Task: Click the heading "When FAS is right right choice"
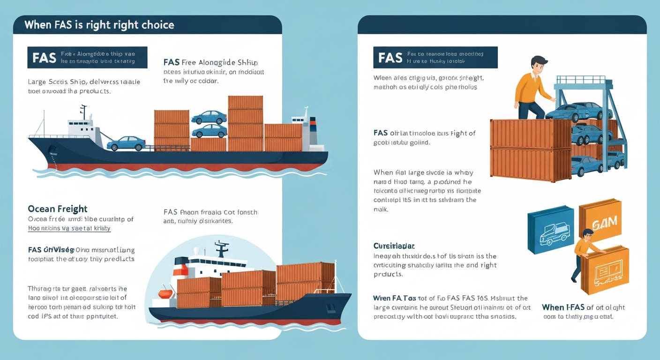99,24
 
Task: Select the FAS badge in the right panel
390,57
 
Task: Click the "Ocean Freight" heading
57,209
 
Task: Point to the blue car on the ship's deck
126,143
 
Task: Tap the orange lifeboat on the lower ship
165,294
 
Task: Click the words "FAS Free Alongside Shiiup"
210,62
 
